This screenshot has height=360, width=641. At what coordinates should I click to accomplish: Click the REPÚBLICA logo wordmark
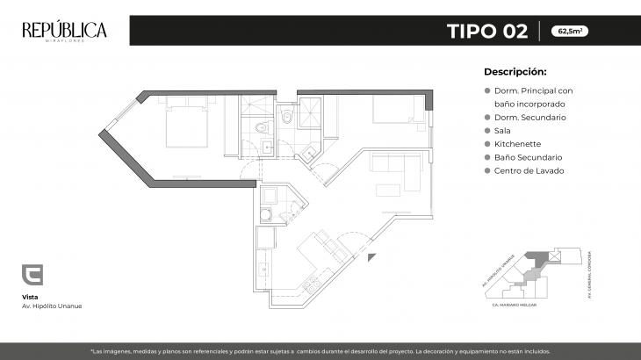(64, 31)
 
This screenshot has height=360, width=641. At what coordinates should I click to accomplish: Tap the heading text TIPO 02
(486, 32)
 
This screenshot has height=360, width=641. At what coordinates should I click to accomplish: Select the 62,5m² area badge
(570, 32)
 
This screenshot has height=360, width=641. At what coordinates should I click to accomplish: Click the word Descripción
(515, 72)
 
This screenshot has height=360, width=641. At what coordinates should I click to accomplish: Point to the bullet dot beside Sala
(487, 130)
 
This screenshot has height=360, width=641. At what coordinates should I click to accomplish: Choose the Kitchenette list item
(517, 143)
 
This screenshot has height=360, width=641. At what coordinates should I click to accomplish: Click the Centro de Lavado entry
(528, 170)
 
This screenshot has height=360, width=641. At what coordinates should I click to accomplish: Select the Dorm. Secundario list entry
(529, 117)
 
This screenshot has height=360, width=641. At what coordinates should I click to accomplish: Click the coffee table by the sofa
(387, 191)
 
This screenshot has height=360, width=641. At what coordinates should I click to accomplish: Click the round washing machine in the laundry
(263, 214)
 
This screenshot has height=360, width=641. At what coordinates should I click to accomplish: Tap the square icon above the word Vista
(32, 275)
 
